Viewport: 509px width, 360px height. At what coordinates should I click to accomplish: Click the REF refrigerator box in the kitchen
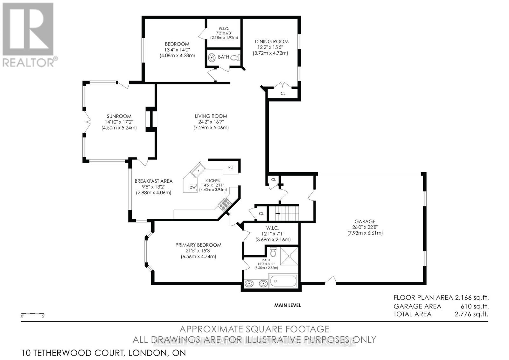click(x=231, y=167)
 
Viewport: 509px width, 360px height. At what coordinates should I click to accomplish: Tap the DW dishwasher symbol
click(x=192, y=187)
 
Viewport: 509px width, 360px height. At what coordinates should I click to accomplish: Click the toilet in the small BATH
click(x=235, y=58)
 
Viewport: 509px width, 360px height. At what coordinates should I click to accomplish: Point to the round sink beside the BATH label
click(x=212, y=58)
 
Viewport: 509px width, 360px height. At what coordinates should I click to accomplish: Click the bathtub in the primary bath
click(x=283, y=281)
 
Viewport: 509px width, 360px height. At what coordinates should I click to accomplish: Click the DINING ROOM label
click(x=272, y=41)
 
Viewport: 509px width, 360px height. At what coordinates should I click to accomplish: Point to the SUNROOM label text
click(x=119, y=116)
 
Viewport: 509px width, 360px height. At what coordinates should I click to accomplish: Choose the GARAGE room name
click(x=365, y=221)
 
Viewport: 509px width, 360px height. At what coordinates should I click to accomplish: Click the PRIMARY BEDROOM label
click(x=198, y=245)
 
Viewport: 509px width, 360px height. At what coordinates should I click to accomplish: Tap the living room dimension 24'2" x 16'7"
click(x=211, y=122)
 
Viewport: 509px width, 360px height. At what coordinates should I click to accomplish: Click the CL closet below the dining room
click(x=283, y=94)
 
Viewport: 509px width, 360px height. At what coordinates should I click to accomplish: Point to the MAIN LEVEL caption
click(x=287, y=305)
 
